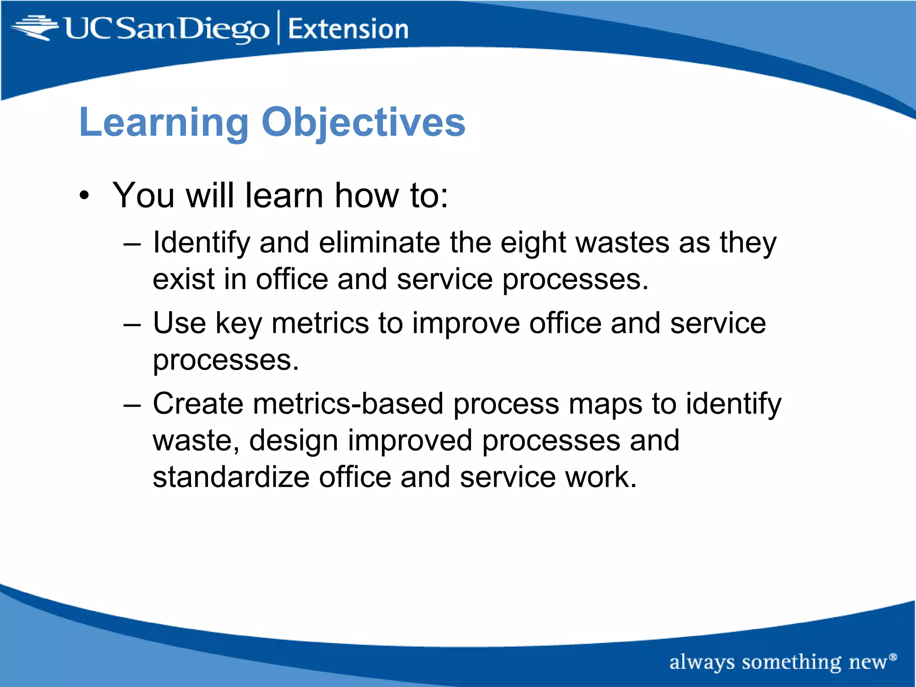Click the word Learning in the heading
(164, 123)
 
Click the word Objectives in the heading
(363, 123)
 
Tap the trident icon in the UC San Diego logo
(35, 28)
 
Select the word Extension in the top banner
(348, 29)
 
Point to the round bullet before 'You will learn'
(85, 196)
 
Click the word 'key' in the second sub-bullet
(239, 324)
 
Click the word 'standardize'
(231, 477)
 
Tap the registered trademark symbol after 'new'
(893, 657)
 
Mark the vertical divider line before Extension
(279, 27)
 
